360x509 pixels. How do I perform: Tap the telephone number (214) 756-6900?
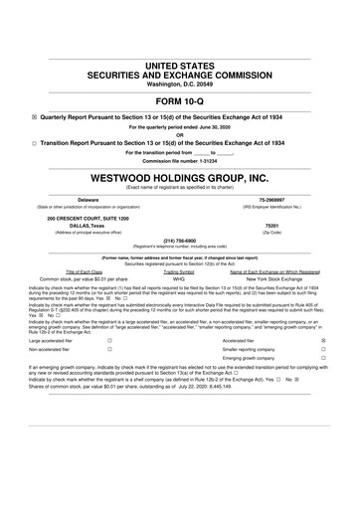click(x=179, y=240)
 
